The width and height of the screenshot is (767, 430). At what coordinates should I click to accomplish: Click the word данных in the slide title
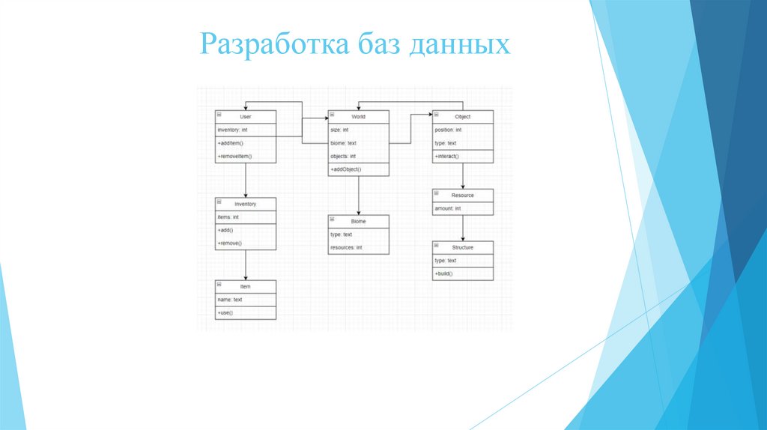460,45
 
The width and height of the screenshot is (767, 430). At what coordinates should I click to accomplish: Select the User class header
246,117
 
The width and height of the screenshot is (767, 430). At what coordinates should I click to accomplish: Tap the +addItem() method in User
231,142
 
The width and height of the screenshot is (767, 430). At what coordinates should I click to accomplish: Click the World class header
358,117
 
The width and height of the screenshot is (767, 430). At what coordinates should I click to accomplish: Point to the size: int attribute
339,130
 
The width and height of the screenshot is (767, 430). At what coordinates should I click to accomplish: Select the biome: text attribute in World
343,143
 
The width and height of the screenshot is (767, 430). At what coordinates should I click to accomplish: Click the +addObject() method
346,169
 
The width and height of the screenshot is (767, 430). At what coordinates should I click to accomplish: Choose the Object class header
463,117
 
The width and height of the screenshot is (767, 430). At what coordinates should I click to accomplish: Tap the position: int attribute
448,130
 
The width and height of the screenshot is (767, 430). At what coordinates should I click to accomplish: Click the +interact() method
447,156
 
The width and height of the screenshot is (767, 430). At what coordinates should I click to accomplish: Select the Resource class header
463,196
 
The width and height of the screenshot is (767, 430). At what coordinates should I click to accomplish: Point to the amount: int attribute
448,208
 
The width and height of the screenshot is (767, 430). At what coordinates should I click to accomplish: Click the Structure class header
463,247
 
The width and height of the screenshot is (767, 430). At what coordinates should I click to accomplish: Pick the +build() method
444,273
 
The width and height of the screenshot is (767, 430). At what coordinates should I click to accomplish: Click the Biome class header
358,222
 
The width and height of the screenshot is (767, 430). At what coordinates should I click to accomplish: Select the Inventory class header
246,204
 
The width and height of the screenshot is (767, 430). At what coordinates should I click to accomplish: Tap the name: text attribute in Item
230,300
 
